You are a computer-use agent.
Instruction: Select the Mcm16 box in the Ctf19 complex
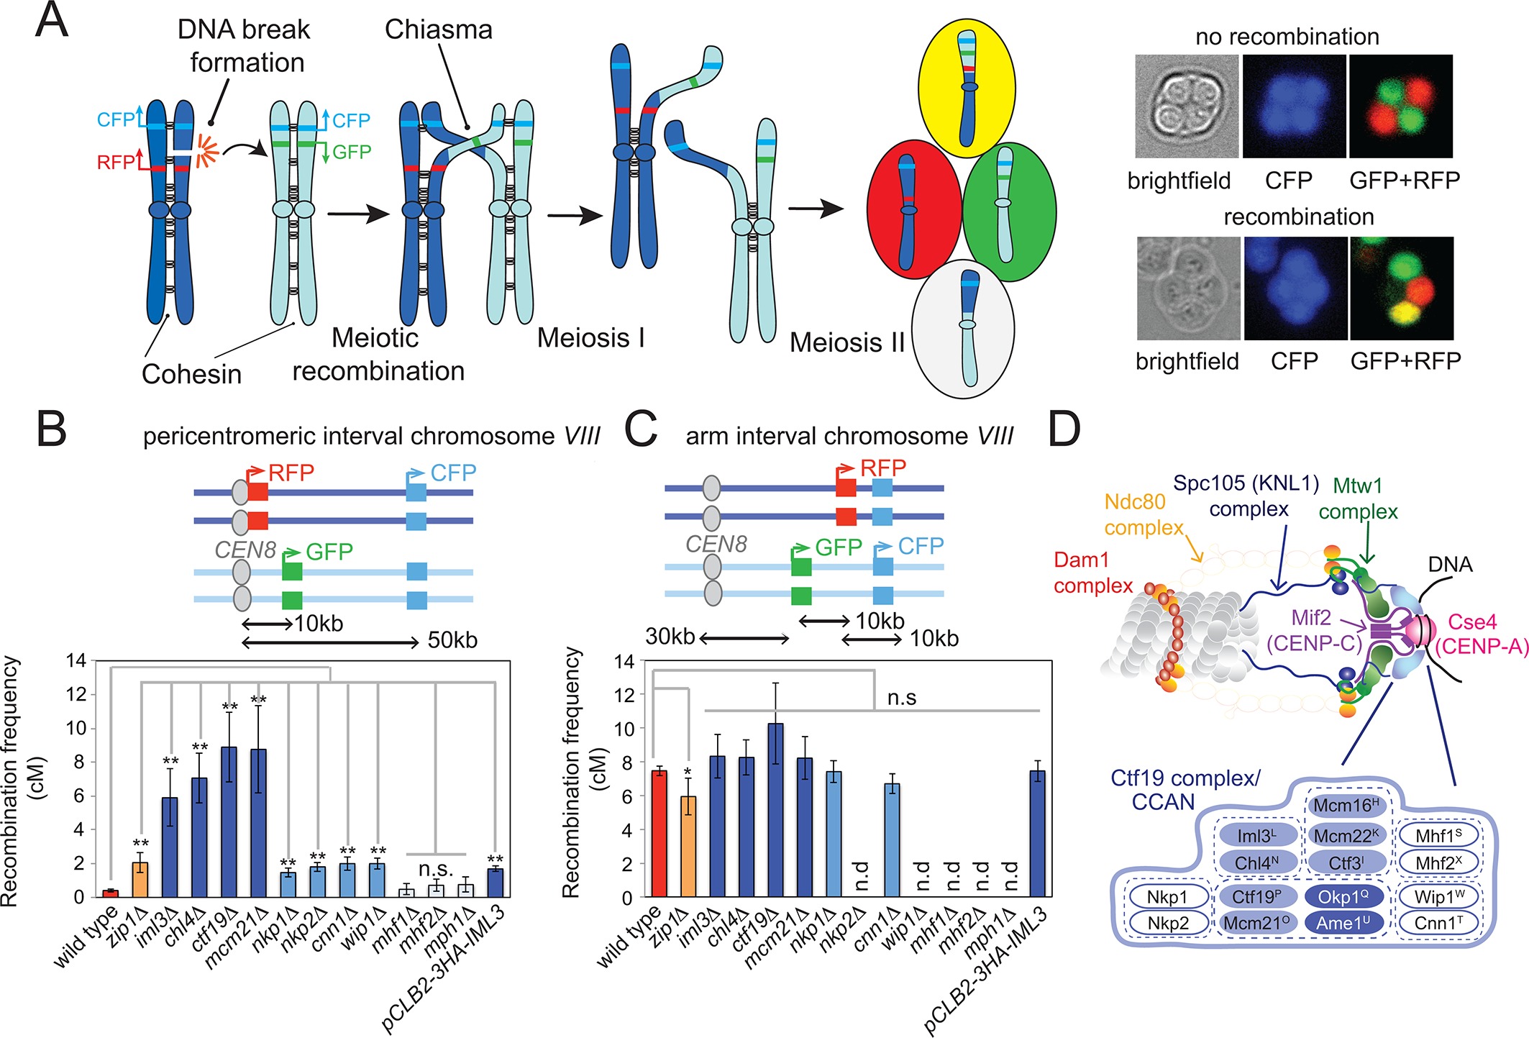1346,806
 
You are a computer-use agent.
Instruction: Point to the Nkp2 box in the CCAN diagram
1167,923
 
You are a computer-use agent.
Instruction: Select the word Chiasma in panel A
438,29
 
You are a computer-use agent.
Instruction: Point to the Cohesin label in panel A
191,374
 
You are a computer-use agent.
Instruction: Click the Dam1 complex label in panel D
1092,573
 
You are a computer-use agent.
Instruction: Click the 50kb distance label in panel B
452,640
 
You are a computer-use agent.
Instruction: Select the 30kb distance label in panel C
670,637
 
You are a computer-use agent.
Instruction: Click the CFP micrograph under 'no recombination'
1294,106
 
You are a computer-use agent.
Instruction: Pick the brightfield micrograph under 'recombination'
1188,288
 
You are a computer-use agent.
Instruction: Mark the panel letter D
1064,430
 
